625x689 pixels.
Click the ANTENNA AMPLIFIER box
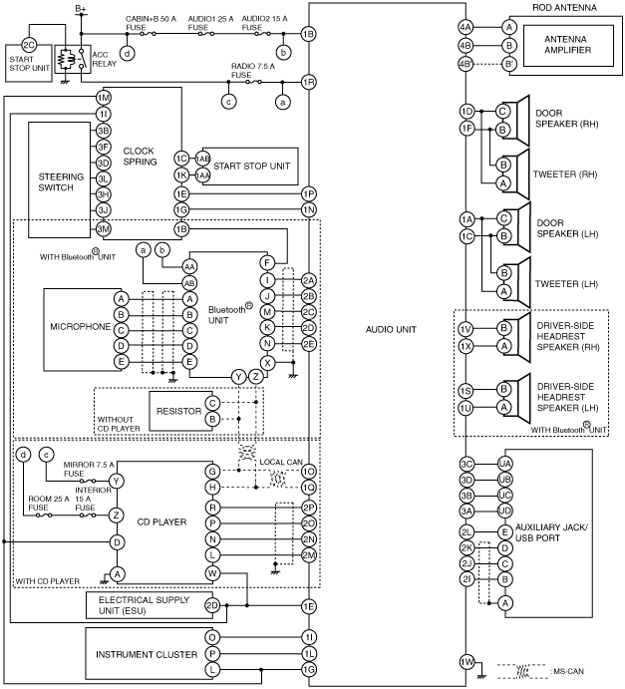pos(568,45)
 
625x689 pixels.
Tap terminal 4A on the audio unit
pos(466,27)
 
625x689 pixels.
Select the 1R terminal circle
pos(309,82)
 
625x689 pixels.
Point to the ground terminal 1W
pos(467,662)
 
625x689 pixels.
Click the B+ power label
pos(81,8)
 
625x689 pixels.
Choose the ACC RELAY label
pos(104,59)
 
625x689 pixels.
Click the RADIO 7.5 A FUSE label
pos(253,71)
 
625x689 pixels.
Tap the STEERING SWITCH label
pos(61,181)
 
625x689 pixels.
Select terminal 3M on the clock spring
pos(104,229)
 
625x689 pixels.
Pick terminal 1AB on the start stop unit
pos(202,159)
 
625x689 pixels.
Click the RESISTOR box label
pos(178,411)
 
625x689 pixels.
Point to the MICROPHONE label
pos(81,326)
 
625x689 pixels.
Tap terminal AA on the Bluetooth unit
pos(189,266)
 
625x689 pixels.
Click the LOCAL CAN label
pos(281,462)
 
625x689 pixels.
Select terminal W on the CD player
pos(212,573)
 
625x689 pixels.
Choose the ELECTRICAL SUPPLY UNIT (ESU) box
pos(150,605)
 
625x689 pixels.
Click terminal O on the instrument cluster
pos(212,637)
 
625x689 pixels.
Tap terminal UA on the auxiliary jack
pos(504,464)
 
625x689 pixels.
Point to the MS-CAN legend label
pos(568,671)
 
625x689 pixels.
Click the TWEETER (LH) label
pos(566,284)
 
